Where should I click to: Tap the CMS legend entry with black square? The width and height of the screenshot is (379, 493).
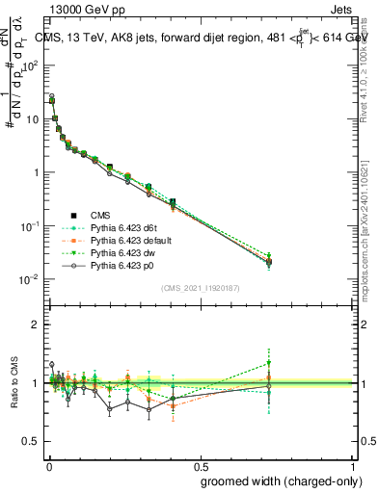pyautogui.click(x=99, y=215)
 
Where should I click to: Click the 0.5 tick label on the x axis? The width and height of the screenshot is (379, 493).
pyautogui.click(x=200, y=466)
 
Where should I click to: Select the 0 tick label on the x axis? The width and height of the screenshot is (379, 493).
pyautogui.click(x=47, y=466)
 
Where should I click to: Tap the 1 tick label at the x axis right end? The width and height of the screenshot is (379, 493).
pyautogui.click(x=352, y=466)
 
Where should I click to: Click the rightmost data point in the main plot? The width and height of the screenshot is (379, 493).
pyautogui.click(x=270, y=259)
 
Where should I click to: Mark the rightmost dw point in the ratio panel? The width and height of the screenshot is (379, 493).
pyautogui.click(x=270, y=363)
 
